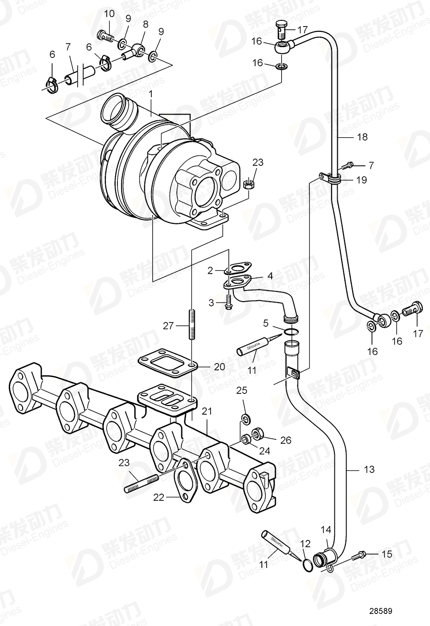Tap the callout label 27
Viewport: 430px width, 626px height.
coord(168,326)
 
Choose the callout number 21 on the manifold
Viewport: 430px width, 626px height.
coord(207,411)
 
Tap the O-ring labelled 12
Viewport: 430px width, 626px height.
coord(306,564)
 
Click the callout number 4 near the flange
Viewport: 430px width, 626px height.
coord(270,276)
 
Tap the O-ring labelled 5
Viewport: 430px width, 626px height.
coord(290,332)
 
